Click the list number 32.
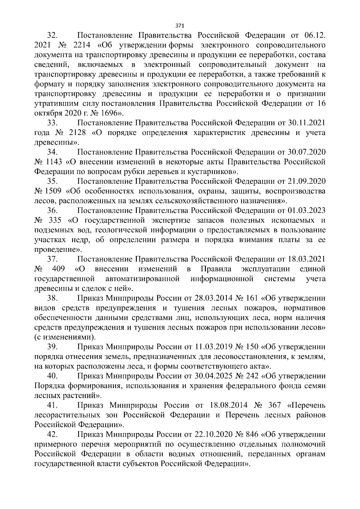(52, 36)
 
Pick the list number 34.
(52, 152)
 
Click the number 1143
(54, 162)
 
